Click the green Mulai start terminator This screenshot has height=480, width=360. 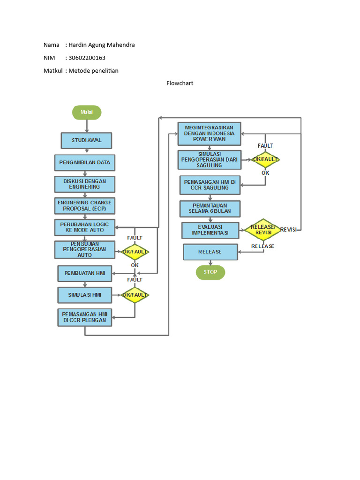[86, 112]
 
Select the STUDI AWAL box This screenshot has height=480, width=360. [87, 140]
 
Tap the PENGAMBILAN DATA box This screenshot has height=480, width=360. [84, 163]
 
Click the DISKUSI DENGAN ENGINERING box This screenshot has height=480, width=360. [84, 184]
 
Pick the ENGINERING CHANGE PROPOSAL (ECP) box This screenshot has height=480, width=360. [84, 206]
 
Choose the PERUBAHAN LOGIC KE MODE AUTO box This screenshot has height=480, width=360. [84, 227]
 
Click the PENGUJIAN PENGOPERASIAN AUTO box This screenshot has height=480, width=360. [84, 250]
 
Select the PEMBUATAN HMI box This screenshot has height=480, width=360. [84, 273]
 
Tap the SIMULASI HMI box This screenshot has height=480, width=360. [84, 295]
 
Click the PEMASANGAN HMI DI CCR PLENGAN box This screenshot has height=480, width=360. [84, 317]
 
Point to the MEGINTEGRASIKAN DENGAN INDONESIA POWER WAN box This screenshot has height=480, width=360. [209, 133]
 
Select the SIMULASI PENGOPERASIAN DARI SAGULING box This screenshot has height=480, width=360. [209, 160]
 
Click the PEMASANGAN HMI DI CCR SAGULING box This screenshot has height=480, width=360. [210, 185]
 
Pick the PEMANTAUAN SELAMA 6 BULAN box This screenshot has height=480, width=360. [210, 209]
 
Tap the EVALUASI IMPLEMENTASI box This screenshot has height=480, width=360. [210, 230]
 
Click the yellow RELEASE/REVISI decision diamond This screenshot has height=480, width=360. [262, 230]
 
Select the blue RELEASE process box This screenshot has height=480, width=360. [210, 252]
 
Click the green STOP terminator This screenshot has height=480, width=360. [210, 272]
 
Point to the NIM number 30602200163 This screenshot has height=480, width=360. [87, 58]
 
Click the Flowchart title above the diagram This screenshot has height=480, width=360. [180, 83]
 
